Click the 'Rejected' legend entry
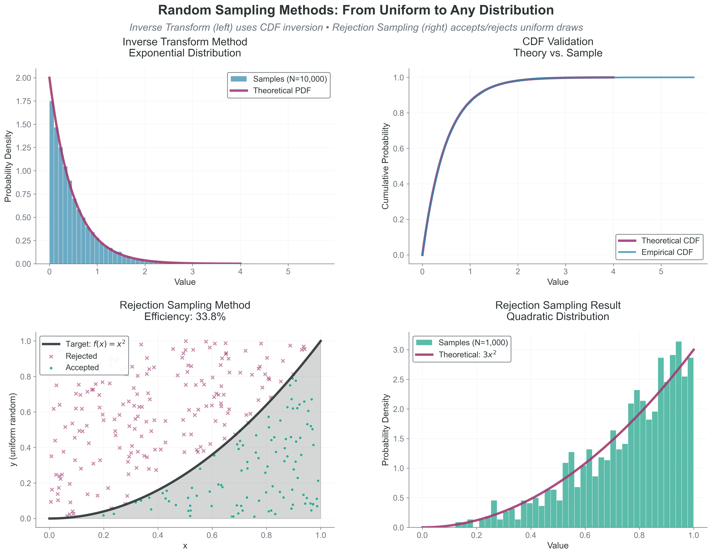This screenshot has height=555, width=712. (81, 356)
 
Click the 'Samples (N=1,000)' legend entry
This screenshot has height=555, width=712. (473, 343)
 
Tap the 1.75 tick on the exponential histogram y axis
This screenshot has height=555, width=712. (23, 101)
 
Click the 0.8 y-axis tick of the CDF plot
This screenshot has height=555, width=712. (398, 113)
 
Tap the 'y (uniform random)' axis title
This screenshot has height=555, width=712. (13, 430)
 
